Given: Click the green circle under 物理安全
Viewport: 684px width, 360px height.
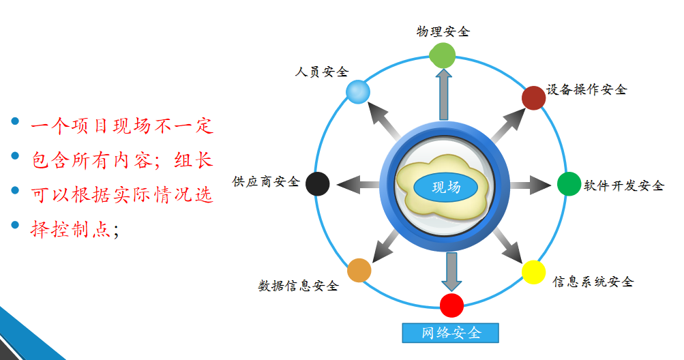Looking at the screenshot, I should [443, 55].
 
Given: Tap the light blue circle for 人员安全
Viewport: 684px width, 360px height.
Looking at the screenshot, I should [357, 91].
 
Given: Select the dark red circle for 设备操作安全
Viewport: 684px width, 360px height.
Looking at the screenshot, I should [533, 97].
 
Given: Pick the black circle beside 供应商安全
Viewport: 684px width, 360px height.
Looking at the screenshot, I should [317, 183].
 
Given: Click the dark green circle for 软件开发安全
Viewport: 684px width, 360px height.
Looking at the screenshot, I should [569, 184].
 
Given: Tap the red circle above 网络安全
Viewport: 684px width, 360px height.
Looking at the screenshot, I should [451, 305].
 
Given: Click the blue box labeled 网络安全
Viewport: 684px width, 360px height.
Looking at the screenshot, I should [450, 333].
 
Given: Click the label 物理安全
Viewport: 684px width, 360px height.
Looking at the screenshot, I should [443, 31].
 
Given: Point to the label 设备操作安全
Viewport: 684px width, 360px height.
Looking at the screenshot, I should [586, 89].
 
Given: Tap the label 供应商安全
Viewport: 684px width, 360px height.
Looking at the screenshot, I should [266, 181].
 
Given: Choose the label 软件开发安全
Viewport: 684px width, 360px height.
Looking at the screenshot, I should [624, 185].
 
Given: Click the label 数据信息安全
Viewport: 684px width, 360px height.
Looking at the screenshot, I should [298, 286].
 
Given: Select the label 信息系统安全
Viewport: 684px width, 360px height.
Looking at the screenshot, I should [593, 282].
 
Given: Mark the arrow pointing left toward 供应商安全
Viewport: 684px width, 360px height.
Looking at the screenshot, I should [358, 184].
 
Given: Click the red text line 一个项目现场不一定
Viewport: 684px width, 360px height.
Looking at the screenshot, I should [122, 126].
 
